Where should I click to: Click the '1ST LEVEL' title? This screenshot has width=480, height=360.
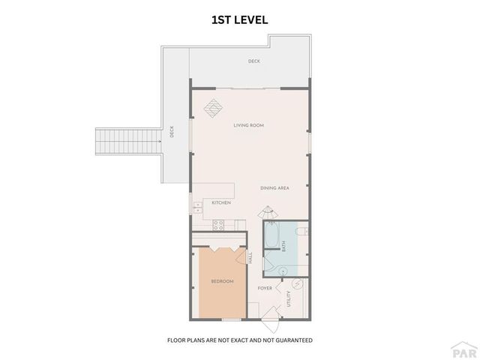239,20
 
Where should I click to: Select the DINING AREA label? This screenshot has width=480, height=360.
274,187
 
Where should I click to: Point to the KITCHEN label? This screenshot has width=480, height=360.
220,202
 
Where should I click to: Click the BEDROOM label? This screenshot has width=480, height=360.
222,281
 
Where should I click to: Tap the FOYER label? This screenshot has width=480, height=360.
265,287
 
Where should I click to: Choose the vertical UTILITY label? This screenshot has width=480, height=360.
288,298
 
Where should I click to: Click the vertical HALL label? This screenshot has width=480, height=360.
250,257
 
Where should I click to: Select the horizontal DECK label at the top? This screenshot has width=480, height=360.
254,61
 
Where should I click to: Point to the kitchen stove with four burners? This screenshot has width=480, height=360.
220,223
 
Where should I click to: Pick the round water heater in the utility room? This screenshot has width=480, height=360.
296,284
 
